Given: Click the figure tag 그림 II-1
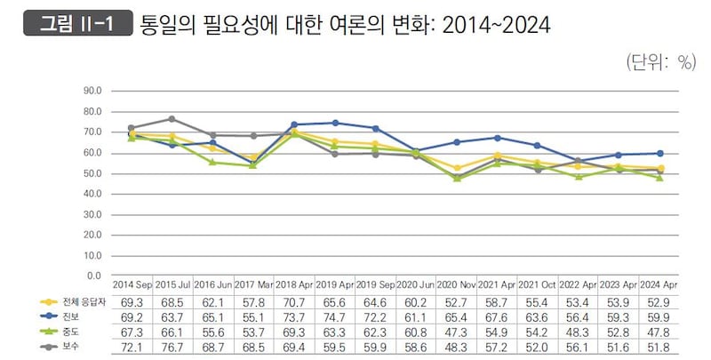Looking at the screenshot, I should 75,23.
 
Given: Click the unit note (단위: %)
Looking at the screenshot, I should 659,61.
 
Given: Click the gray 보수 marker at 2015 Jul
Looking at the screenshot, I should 172,118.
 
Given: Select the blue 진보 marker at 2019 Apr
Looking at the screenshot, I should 334,123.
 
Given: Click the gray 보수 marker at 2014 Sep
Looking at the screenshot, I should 132,128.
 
